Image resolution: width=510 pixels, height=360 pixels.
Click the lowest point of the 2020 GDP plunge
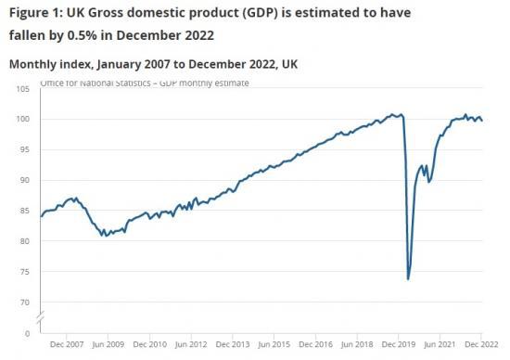point(409,278)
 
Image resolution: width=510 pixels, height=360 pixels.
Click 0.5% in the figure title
point(100,36)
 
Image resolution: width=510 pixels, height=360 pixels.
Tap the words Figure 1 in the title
point(35,13)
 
